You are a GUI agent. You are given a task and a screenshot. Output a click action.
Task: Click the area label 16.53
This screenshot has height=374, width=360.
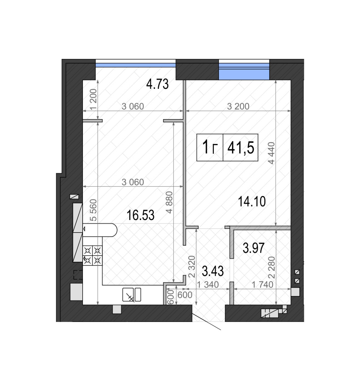click(140, 215)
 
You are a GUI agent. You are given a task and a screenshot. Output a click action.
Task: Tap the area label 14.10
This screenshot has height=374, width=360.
click(252, 201)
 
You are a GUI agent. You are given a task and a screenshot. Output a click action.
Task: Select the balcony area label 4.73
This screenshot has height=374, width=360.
click(157, 84)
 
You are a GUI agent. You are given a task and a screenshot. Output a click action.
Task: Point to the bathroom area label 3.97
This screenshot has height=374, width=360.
click(254, 248)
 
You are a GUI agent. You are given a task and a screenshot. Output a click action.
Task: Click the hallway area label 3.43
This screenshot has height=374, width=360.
click(213, 271)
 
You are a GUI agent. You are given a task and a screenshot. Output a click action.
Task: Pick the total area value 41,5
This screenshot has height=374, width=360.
click(241, 148)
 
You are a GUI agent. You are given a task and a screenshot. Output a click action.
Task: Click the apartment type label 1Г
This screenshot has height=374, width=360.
click(210, 147)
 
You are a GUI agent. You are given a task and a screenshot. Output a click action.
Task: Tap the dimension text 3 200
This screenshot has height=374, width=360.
click(238, 106)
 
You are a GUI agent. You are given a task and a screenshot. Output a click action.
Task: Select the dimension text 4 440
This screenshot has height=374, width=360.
click(272, 153)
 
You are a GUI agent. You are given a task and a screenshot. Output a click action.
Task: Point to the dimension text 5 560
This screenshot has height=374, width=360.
click(94, 210)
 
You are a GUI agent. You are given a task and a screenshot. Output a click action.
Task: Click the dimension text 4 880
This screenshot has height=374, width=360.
click(170, 202)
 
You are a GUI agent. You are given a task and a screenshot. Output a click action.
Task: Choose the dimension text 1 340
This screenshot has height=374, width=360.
click(208, 285)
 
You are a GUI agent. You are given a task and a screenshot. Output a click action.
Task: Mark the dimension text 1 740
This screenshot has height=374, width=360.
click(262, 285)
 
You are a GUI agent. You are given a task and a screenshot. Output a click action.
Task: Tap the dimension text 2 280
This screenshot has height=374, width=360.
click(272, 268)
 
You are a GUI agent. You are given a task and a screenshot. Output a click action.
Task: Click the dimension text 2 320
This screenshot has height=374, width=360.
click(192, 266)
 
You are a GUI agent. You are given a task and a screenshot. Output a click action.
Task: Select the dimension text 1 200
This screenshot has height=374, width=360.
click(93, 99)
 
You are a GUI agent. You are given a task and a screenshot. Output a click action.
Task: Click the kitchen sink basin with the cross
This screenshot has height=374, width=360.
click(128, 295)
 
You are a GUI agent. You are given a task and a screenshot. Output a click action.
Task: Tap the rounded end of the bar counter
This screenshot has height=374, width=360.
click(113, 230)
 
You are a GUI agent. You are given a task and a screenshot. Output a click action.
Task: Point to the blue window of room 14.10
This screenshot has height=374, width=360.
click(244, 72)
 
